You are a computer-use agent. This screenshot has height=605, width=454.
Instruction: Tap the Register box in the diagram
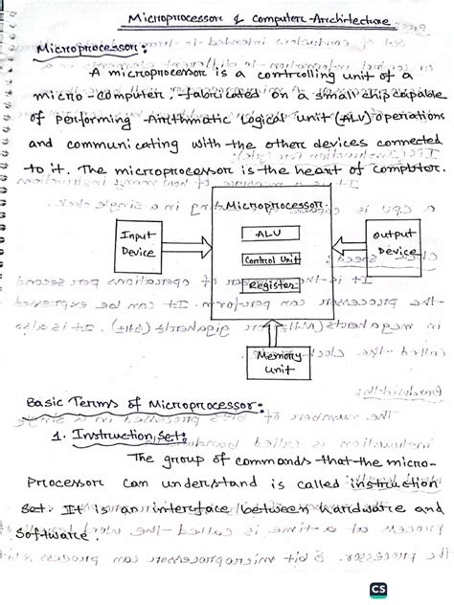click(x=270, y=284)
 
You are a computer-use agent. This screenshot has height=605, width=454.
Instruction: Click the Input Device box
click(x=143, y=243)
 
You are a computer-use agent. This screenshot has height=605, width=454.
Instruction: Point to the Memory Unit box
click(x=279, y=361)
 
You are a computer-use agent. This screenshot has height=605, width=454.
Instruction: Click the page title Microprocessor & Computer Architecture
click(x=259, y=19)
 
